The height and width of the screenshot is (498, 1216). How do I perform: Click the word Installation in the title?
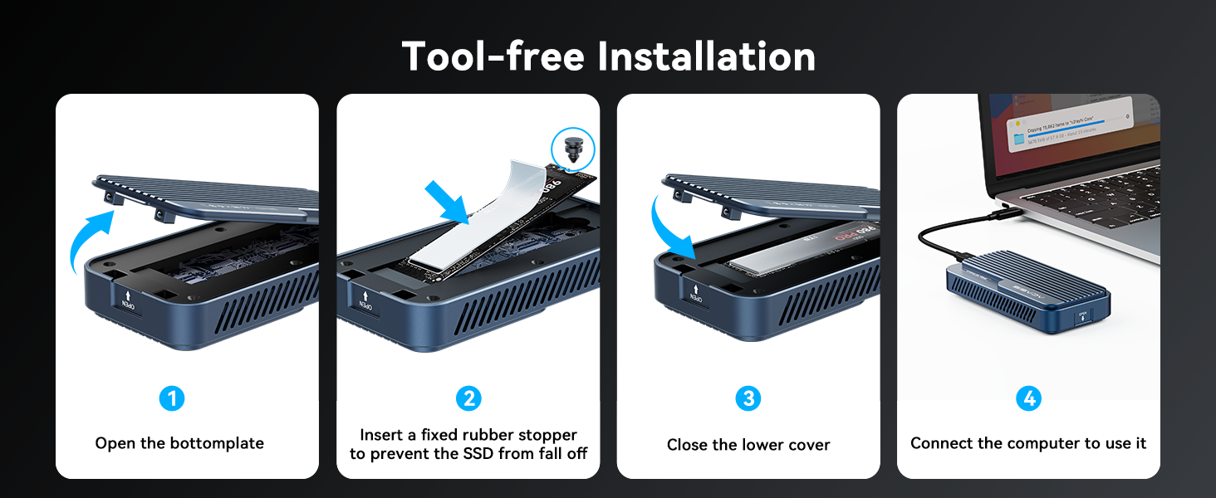point(706,56)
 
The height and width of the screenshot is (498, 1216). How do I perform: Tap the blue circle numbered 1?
point(172,399)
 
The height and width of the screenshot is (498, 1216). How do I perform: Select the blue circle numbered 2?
point(468,399)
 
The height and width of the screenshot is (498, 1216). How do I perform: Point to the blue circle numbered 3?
point(748,399)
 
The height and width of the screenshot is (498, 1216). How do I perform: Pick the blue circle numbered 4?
point(1028,399)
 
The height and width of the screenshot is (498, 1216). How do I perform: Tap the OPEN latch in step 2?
point(365,300)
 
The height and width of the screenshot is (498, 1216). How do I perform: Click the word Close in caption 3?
point(688,445)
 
